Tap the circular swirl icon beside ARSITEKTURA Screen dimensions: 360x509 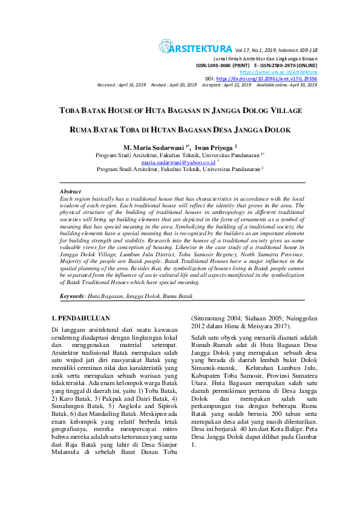165,46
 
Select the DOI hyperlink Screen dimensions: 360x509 267,79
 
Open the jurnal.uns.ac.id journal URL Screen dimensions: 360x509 283,72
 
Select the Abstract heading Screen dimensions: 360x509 70,191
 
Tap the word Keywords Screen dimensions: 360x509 72,296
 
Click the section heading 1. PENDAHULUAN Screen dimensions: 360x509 80,317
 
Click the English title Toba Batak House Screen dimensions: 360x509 180,111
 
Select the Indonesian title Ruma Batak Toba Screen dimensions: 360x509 180,130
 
